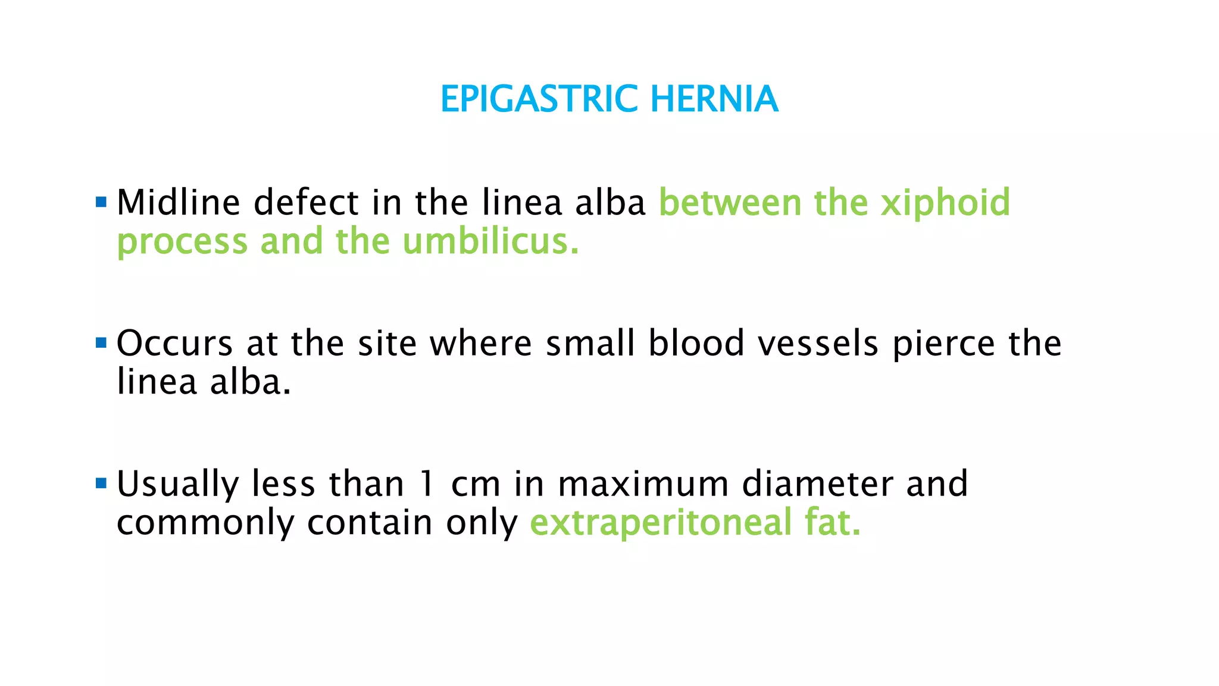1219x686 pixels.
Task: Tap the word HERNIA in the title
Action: [x=714, y=99]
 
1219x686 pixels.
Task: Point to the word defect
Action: [x=306, y=202]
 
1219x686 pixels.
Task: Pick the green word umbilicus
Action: [x=490, y=242]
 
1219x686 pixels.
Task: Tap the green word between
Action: [x=730, y=202]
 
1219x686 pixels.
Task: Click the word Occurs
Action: [x=174, y=344]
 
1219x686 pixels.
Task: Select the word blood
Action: [x=696, y=344]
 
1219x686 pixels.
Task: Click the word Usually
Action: [x=177, y=485]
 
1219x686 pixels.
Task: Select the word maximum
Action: [x=643, y=485]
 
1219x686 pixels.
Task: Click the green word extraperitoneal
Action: [x=661, y=523]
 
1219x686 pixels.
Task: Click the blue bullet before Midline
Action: [x=101, y=202]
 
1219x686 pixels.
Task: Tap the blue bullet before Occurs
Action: [x=101, y=343]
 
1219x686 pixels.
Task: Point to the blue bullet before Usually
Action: [x=101, y=483]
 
